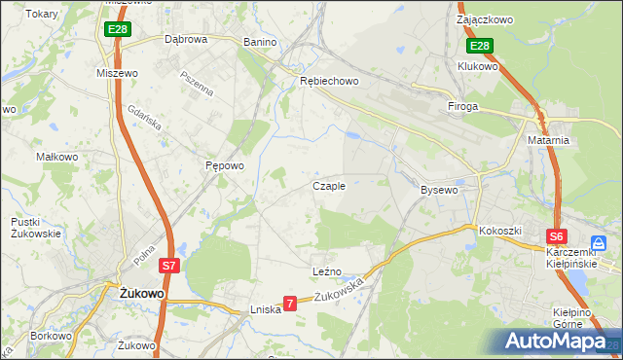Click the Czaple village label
coord(328,186)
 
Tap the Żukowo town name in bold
coord(139,292)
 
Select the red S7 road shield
coord(169,265)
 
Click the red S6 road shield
coord(556,235)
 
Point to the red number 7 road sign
coord(289,305)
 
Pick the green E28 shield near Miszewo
coord(117,30)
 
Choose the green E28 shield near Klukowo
coord(479,46)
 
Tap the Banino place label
coord(260,43)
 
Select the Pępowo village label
coord(224,166)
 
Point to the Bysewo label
coord(439,190)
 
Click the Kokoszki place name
coord(500,231)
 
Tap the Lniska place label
coord(265,308)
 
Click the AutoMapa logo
coord(557,342)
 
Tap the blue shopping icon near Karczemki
coord(601,243)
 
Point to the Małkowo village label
coord(56,156)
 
